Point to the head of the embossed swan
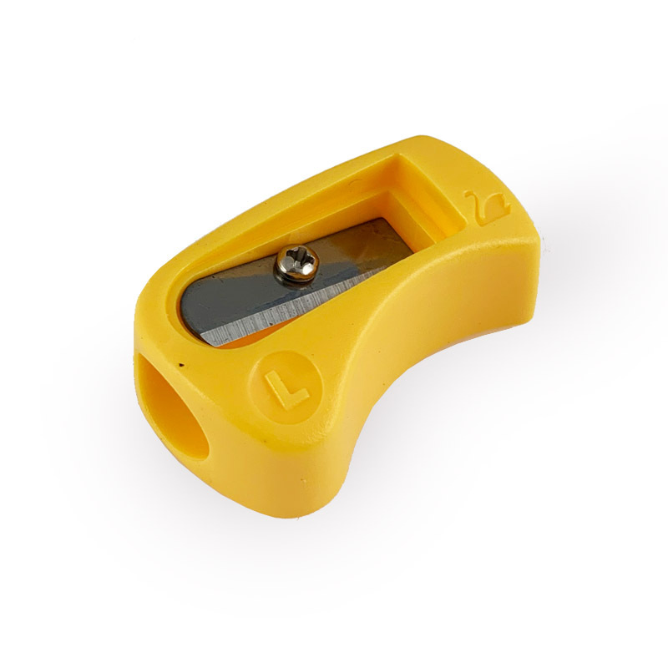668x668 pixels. [x=471, y=195]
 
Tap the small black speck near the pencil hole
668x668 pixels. [x=182, y=365]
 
